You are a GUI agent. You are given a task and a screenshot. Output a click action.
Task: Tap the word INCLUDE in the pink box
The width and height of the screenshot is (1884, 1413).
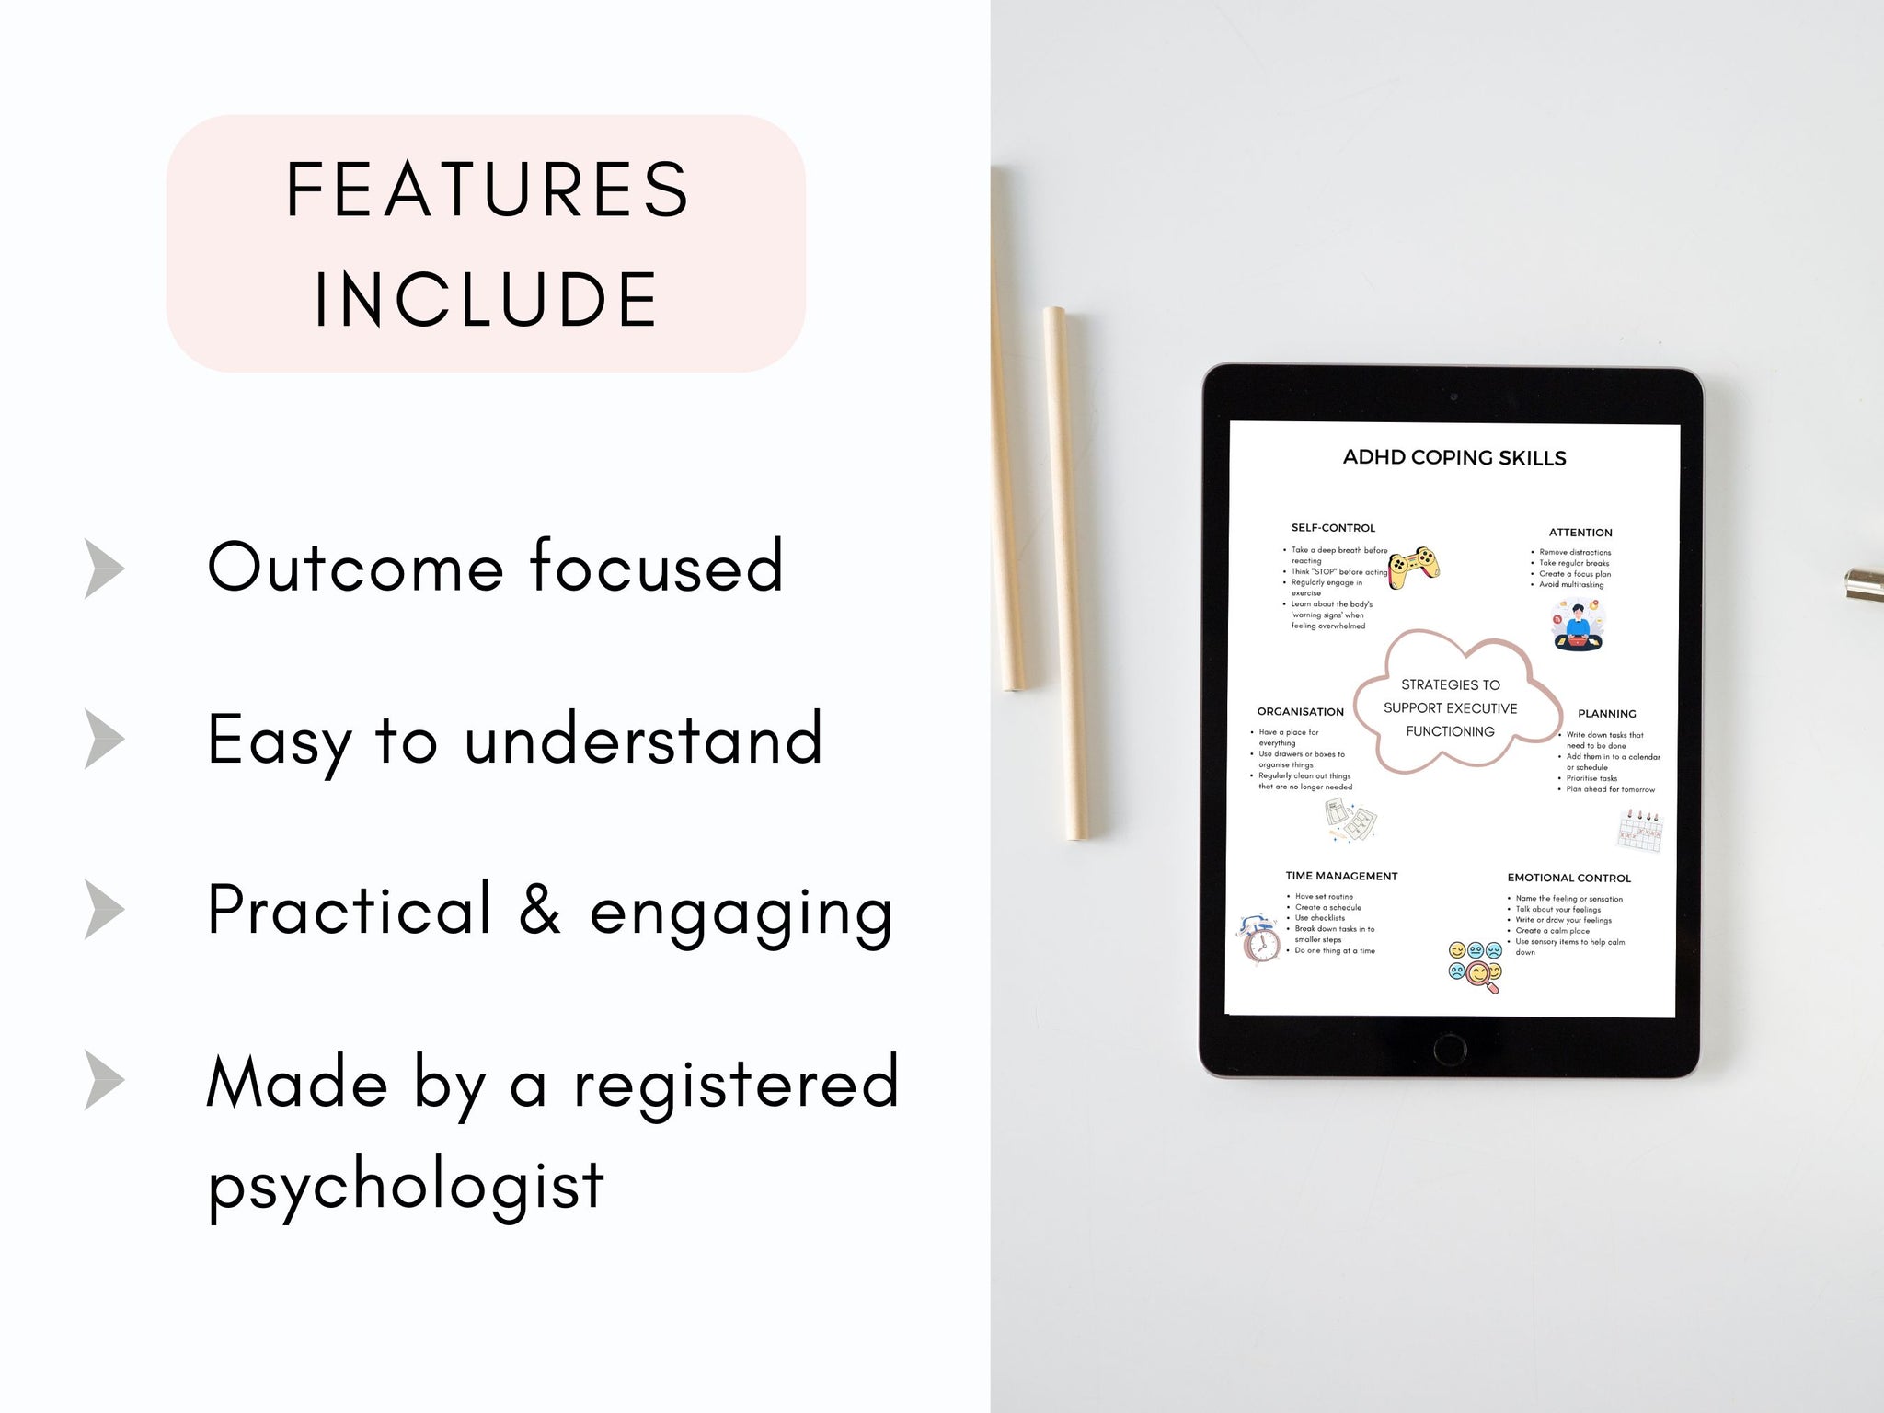pos(487,299)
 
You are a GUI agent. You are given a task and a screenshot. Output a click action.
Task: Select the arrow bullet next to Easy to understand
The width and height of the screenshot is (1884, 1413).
pos(105,739)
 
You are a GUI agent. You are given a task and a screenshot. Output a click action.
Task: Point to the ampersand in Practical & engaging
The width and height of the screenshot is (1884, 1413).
pos(540,909)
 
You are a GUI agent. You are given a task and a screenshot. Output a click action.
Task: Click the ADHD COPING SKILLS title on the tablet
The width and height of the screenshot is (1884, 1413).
pos(1454,458)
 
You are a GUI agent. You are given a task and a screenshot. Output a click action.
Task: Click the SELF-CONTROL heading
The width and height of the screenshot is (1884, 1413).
pos(1333,528)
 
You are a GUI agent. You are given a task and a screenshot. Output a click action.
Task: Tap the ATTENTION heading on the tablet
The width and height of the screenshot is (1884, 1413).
pos(1580,533)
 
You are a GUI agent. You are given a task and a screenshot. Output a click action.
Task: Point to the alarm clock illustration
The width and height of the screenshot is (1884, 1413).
pos(1260,940)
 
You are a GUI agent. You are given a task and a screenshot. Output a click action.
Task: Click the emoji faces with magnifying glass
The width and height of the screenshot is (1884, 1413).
pos(1475,967)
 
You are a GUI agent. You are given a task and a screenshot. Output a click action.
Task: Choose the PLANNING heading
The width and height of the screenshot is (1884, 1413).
pos(1607,714)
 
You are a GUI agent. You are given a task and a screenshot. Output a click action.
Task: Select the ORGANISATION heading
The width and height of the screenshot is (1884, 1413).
pos(1300,712)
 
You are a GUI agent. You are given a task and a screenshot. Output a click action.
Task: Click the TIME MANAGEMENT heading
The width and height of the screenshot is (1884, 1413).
pos(1341,877)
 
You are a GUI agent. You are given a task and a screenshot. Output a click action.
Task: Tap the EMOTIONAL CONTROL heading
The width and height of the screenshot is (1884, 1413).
pos(1568,879)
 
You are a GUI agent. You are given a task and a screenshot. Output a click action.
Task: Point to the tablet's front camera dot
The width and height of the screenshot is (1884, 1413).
pos(1453,397)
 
